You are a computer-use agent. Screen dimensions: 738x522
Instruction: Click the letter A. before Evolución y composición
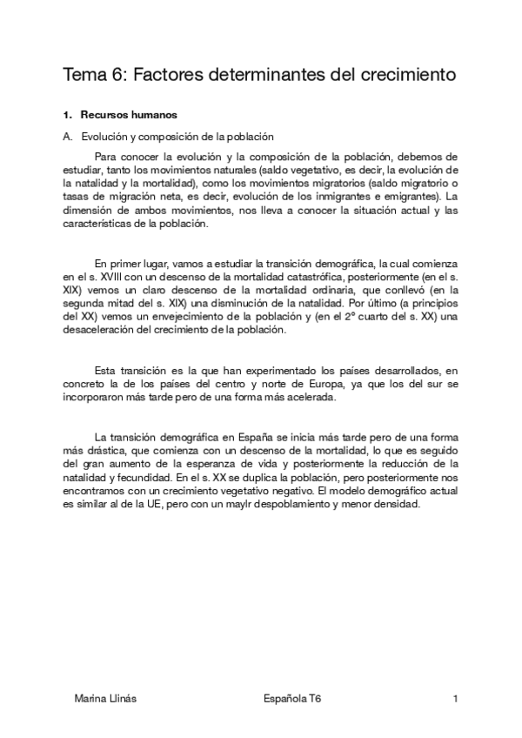[x=67, y=137]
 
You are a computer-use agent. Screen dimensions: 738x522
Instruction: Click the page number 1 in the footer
[x=455, y=699]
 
